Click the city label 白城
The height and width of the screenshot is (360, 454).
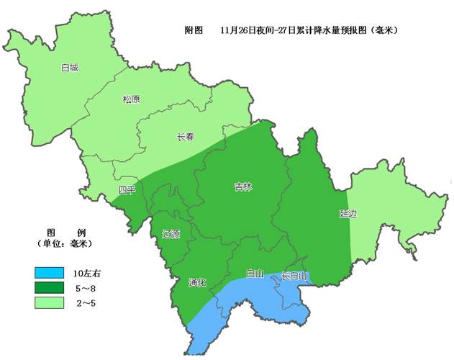coord(70,68)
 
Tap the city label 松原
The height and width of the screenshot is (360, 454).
coord(132,100)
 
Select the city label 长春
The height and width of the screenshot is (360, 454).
coord(186,137)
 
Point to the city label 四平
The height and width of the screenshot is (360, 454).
coord(127,190)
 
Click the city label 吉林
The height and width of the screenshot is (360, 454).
coord(243,187)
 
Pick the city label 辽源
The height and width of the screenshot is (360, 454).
coord(171,234)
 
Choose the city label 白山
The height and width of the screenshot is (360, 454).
coord(255,274)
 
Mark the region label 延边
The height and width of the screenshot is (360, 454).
coord(348,214)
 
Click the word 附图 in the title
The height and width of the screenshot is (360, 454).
coord(194,31)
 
